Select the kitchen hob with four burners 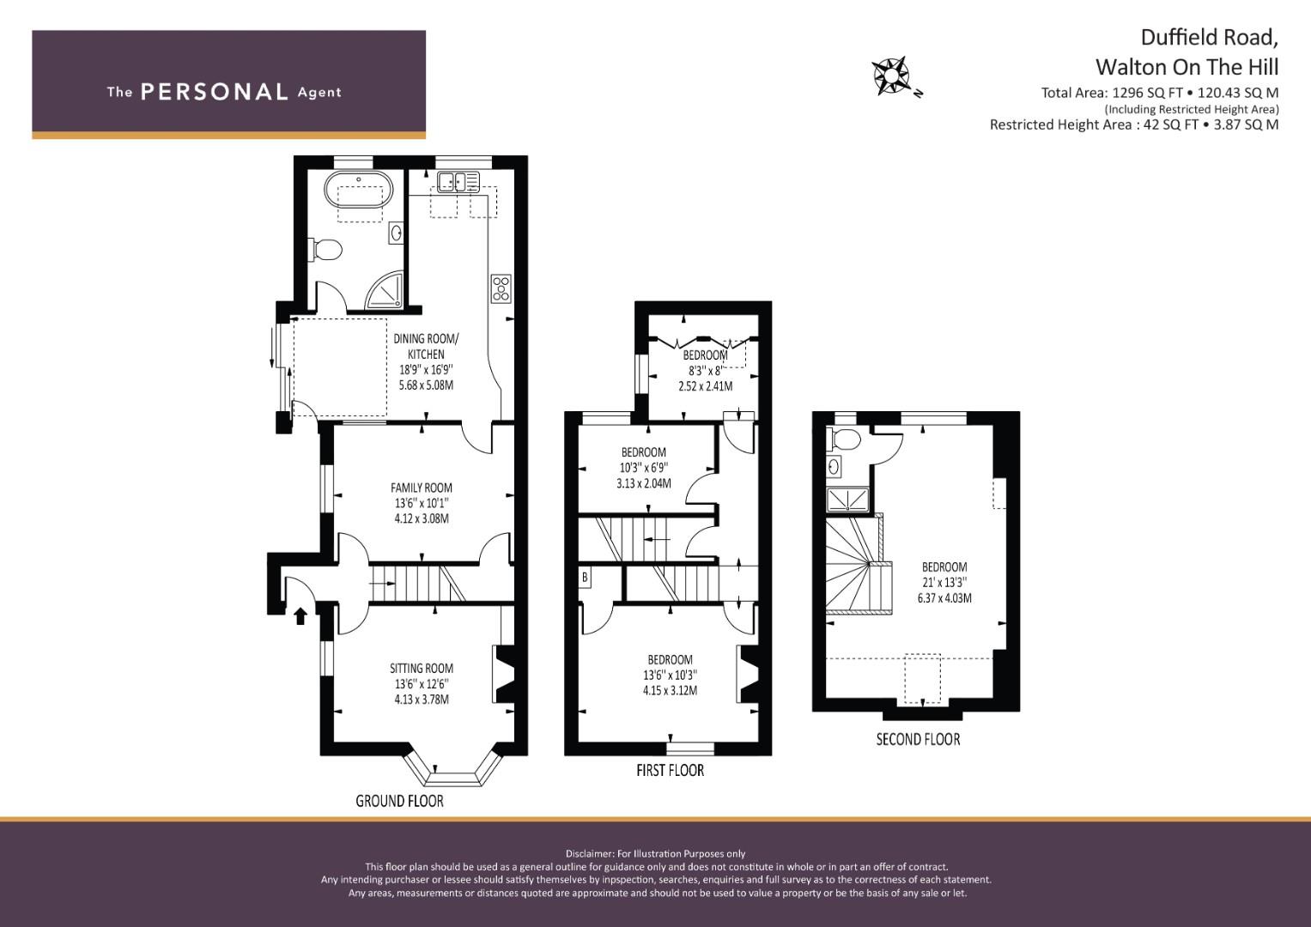(501, 288)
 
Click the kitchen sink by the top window (458, 181)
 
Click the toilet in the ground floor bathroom (326, 250)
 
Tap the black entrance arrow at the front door (300, 615)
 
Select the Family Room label (421, 488)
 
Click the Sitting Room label (421, 668)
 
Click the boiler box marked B (585, 578)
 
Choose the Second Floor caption (918, 739)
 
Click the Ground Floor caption (399, 801)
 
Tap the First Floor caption (670, 770)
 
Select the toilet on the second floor (845, 439)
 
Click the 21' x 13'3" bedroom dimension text (944, 582)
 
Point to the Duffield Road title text (1209, 38)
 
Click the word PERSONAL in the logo (214, 92)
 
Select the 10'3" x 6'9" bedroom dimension (643, 468)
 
